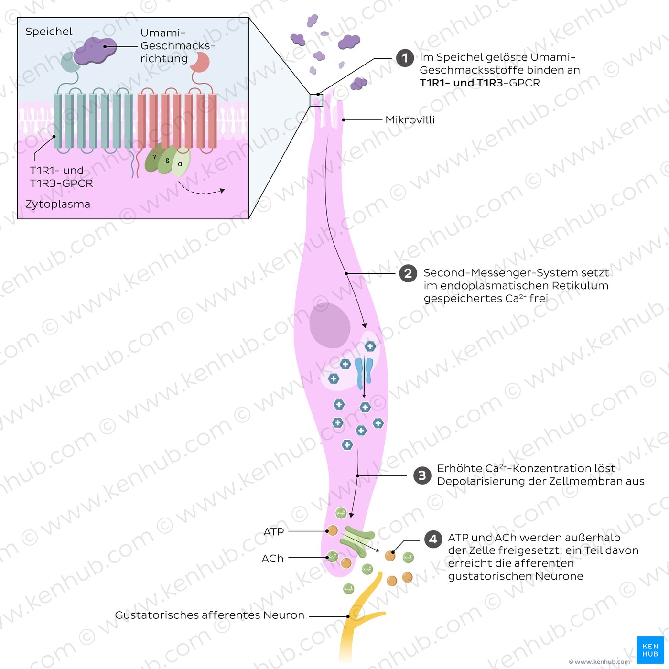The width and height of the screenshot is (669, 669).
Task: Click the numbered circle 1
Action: [x=405, y=58]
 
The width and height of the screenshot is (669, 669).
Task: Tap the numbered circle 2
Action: [x=408, y=273]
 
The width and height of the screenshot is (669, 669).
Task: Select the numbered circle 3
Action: [x=422, y=475]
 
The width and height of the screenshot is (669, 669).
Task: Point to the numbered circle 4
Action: [x=433, y=539]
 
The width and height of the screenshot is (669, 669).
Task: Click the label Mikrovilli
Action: [x=410, y=120]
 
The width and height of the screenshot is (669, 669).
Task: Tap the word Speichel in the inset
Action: [x=49, y=32]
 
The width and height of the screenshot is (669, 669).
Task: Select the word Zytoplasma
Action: [x=58, y=204]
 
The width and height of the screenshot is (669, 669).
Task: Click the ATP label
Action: [x=273, y=531]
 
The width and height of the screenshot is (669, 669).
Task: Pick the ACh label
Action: [x=272, y=558]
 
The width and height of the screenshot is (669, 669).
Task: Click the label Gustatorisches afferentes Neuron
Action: [x=209, y=615]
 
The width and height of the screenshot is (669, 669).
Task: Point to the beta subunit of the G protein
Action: [x=167, y=161]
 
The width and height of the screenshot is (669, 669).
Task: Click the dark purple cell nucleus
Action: [x=330, y=325]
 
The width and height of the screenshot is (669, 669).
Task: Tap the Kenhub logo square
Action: [x=650, y=649]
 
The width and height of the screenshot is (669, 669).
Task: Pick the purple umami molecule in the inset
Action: [x=95, y=51]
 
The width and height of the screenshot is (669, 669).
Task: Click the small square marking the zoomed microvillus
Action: [x=316, y=100]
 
